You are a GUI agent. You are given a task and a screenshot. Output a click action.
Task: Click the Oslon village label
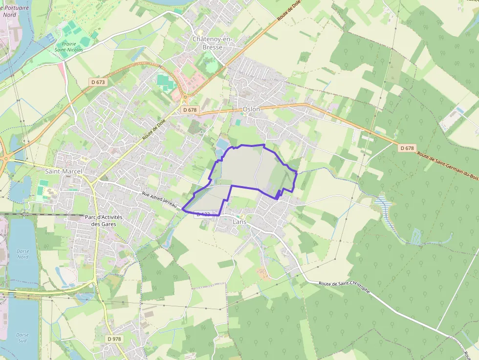click(x=251, y=109)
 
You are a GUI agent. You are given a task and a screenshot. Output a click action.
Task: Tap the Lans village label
click(x=239, y=222)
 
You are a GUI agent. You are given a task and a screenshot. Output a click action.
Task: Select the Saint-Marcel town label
click(x=64, y=171)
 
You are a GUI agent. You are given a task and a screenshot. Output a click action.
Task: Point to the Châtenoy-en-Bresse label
click(x=213, y=43)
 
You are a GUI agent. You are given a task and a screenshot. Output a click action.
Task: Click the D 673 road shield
click(x=98, y=82)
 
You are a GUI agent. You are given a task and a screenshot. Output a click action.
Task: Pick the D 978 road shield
click(x=114, y=339)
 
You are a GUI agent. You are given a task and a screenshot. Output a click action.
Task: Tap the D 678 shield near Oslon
click(x=190, y=110)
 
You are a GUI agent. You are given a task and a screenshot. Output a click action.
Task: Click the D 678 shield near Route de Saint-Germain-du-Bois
click(x=407, y=148)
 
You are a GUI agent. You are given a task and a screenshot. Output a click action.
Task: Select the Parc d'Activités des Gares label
click(x=103, y=220)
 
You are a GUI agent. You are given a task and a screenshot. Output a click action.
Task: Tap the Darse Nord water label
click(x=23, y=254)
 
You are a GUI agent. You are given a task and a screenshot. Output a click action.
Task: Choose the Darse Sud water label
click(x=22, y=338)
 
